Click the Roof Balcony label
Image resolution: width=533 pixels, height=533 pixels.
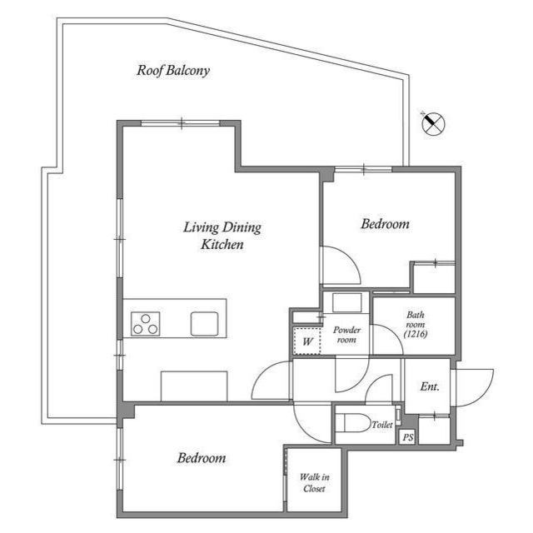pyautogui.click(x=173, y=71)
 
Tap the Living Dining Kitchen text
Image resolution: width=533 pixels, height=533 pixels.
pyautogui.click(x=222, y=235)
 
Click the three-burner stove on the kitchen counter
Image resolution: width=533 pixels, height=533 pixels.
pyautogui.click(x=146, y=322)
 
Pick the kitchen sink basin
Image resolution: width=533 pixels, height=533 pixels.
pyautogui.click(x=204, y=322)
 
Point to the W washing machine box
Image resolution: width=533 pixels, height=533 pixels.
pyautogui.click(x=306, y=341)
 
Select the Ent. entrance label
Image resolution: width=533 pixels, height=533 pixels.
pyautogui.click(x=430, y=386)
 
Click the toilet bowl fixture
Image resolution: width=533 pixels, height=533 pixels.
pyautogui.click(x=353, y=424)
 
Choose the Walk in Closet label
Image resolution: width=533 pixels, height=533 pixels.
pyautogui.click(x=313, y=483)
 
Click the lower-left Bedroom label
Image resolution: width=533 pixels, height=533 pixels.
pyautogui.click(x=202, y=458)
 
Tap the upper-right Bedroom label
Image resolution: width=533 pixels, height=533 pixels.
pyautogui.click(x=385, y=224)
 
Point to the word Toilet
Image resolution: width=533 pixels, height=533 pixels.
pyautogui.click(x=382, y=425)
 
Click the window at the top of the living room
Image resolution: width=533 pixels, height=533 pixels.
pyautogui.click(x=182, y=124)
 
